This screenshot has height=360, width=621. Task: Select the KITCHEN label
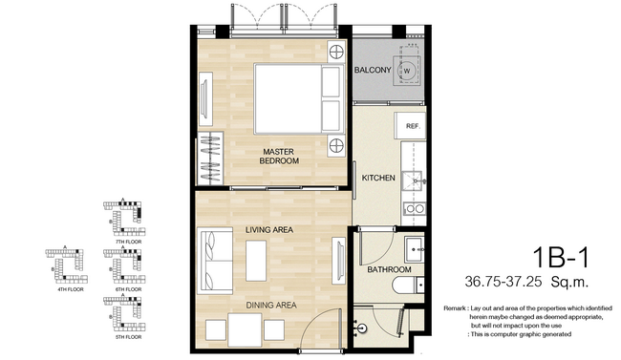(378, 179)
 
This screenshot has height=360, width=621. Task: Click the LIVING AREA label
(268, 230)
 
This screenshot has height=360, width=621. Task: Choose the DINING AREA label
(268, 305)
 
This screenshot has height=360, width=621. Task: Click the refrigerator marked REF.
(414, 126)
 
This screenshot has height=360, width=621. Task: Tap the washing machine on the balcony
(409, 71)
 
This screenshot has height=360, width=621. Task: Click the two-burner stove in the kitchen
(416, 208)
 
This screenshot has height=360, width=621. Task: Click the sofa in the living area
(214, 260)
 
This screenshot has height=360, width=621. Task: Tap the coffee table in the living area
(256, 260)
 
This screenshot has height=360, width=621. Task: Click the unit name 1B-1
(562, 255)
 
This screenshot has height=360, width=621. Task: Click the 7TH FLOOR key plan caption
(127, 244)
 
